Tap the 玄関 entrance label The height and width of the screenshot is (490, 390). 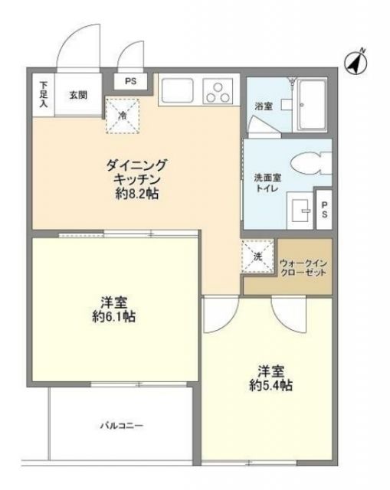point(77,95)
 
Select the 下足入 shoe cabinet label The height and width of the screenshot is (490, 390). point(43,93)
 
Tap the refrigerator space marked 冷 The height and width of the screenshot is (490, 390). point(123,115)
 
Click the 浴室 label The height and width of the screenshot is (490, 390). point(263,106)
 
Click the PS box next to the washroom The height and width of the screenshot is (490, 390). point(325,209)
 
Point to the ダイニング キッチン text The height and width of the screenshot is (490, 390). point(136,171)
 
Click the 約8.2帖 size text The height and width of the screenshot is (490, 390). point(136,194)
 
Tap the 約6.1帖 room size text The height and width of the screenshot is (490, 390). point(113,316)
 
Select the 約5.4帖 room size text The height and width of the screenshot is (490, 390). point(270,385)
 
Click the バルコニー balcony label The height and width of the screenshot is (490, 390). point(120,424)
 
